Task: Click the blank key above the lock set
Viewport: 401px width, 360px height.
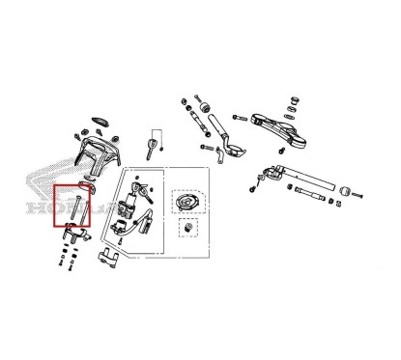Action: pyautogui.click(x=151, y=147)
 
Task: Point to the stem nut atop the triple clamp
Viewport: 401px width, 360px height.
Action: pyautogui.click(x=293, y=100)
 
